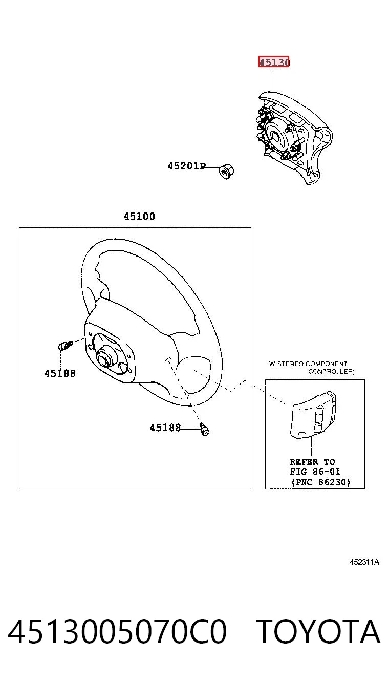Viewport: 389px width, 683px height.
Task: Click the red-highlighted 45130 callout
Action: tap(274, 62)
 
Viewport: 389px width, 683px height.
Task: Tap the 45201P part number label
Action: tap(187, 166)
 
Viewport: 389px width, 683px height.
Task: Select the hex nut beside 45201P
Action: tap(227, 172)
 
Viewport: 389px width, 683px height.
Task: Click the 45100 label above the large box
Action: tap(139, 216)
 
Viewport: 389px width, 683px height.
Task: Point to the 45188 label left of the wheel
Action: tap(60, 373)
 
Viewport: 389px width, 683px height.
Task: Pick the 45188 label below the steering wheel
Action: tap(165, 428)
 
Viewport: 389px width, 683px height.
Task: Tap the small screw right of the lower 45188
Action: tap(205, 429)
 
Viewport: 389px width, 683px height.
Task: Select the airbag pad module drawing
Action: tap(294, 138)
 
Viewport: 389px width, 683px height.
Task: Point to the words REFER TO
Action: tap(312, 462)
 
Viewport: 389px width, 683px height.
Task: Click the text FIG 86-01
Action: tap(315, 472)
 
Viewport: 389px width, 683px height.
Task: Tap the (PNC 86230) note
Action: tap(321, 482)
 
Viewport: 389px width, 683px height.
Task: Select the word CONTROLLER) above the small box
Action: tap(331, 371)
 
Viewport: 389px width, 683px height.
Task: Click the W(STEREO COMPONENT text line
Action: tap(308, 364)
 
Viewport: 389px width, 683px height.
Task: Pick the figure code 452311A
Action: tap(364, 562)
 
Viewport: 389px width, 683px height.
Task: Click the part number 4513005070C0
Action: tap(117, 632)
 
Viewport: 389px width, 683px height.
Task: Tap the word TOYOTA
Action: tap(318, 632)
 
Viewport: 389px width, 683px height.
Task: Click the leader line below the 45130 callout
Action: tap(273, 81)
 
